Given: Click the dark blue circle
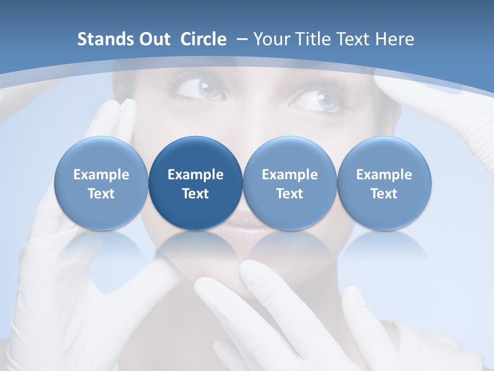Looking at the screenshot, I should pyautogui.click(x=196, y=183).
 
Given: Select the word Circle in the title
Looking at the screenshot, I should pyautogui.click(x=203, y=39).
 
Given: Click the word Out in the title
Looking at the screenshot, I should pyautogui.click(x=153, y=39).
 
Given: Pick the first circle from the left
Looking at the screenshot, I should pyautogui.click(x=101, y=183).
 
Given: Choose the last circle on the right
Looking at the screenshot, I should pyautogui.click(x=384, y=183).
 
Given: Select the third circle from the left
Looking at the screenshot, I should pyautogui.click(x=290, y=183).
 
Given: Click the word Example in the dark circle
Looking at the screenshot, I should pyautogui.click(x=196, y=175).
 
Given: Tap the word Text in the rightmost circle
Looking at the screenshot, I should pyautogui.click(x=384, y=194).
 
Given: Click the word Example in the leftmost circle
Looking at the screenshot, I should pyautogui.click(x=101, y=175).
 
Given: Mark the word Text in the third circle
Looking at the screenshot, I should pyautogui.click(x=290, y=194).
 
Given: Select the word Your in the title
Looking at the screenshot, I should pyautogui.click(x=271, y=39).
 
